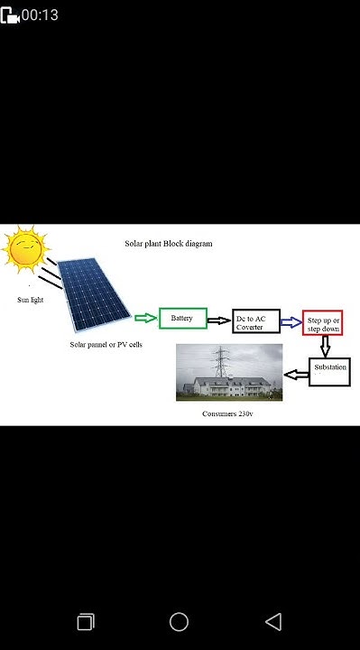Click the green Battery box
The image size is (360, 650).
pos(183,319)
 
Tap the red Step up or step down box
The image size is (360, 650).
pos(322,322)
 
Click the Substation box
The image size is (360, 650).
pos(328,371)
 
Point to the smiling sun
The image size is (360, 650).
pos(24,247)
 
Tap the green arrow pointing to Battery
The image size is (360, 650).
pos(145,319)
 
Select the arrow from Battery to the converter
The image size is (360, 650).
pos(219,320)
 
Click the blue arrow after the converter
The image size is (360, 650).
pos(291,320)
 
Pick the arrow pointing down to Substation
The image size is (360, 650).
pos(325,346)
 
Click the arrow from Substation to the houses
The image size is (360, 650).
pos(295,373)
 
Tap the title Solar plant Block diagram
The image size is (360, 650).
pos(169,245)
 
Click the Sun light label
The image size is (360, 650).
pos(30,298)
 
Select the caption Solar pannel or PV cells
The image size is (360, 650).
pos(106,345)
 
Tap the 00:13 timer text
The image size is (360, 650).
pos(41,14)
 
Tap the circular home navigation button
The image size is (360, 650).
pos(179,621)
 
